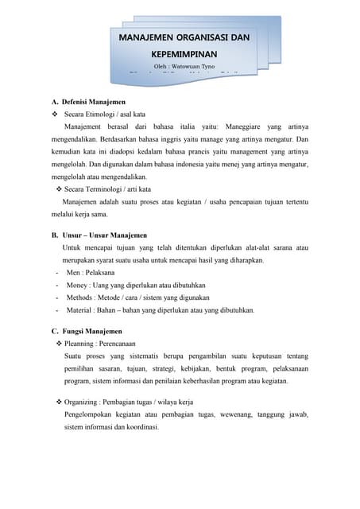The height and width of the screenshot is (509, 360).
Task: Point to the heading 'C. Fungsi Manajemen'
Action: (87, 330)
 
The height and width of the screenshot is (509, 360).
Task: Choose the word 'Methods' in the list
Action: (81, 297)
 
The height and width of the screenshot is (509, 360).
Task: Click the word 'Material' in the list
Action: (81, 310)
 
